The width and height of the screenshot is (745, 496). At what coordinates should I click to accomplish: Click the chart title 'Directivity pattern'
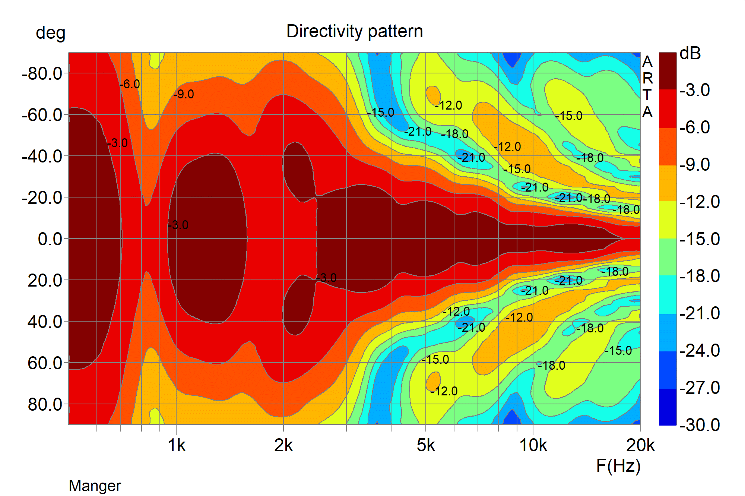[355, 31]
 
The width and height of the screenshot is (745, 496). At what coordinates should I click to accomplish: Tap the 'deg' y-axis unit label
[51, 33]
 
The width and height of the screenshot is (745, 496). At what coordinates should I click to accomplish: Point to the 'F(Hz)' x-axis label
[618, 466]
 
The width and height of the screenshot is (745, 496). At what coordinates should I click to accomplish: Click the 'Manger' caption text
[95, 486]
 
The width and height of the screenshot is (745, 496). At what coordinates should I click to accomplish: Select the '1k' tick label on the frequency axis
[176, 445]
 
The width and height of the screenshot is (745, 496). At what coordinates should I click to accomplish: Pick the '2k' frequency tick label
[283, 445]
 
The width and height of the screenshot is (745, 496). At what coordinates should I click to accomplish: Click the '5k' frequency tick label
[426, 445]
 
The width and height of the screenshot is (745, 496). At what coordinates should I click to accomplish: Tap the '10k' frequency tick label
[533, 445]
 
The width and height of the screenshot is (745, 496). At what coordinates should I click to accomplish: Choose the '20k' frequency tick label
[640, 445]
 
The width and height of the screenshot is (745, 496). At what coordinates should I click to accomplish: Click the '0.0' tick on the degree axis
[50, 239]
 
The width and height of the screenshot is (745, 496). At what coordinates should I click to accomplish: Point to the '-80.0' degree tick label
[42, 74]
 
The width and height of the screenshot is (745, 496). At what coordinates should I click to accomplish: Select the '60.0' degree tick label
[45, 363]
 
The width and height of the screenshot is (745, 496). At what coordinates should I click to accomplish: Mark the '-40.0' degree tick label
[42, 157]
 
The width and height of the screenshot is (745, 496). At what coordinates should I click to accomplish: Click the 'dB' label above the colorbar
[690, 54]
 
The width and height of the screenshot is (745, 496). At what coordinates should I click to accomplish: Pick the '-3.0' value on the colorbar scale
[695, 90]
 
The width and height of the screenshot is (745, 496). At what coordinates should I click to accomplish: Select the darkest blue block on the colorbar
[668, 407]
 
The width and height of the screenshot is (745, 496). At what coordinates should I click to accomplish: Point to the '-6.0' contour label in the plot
[130, 84]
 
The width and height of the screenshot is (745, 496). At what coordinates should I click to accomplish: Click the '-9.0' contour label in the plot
[184, 94]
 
